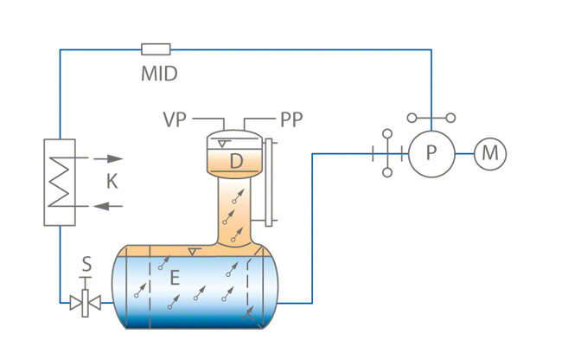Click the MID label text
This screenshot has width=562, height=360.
[159, 74]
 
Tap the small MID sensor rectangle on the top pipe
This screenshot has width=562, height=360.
[156, 49]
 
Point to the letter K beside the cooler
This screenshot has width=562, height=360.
[112, 182]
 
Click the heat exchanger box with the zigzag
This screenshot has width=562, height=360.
[60, 182]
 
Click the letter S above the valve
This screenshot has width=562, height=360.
[86, 260]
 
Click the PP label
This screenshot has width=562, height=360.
[291, 119]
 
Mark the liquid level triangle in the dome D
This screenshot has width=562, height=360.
[224, 144]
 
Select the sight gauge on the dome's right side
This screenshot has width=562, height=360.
[271, 182]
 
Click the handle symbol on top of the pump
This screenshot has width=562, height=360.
[431, 117]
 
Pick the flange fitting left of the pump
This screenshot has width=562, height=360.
[387, 153]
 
